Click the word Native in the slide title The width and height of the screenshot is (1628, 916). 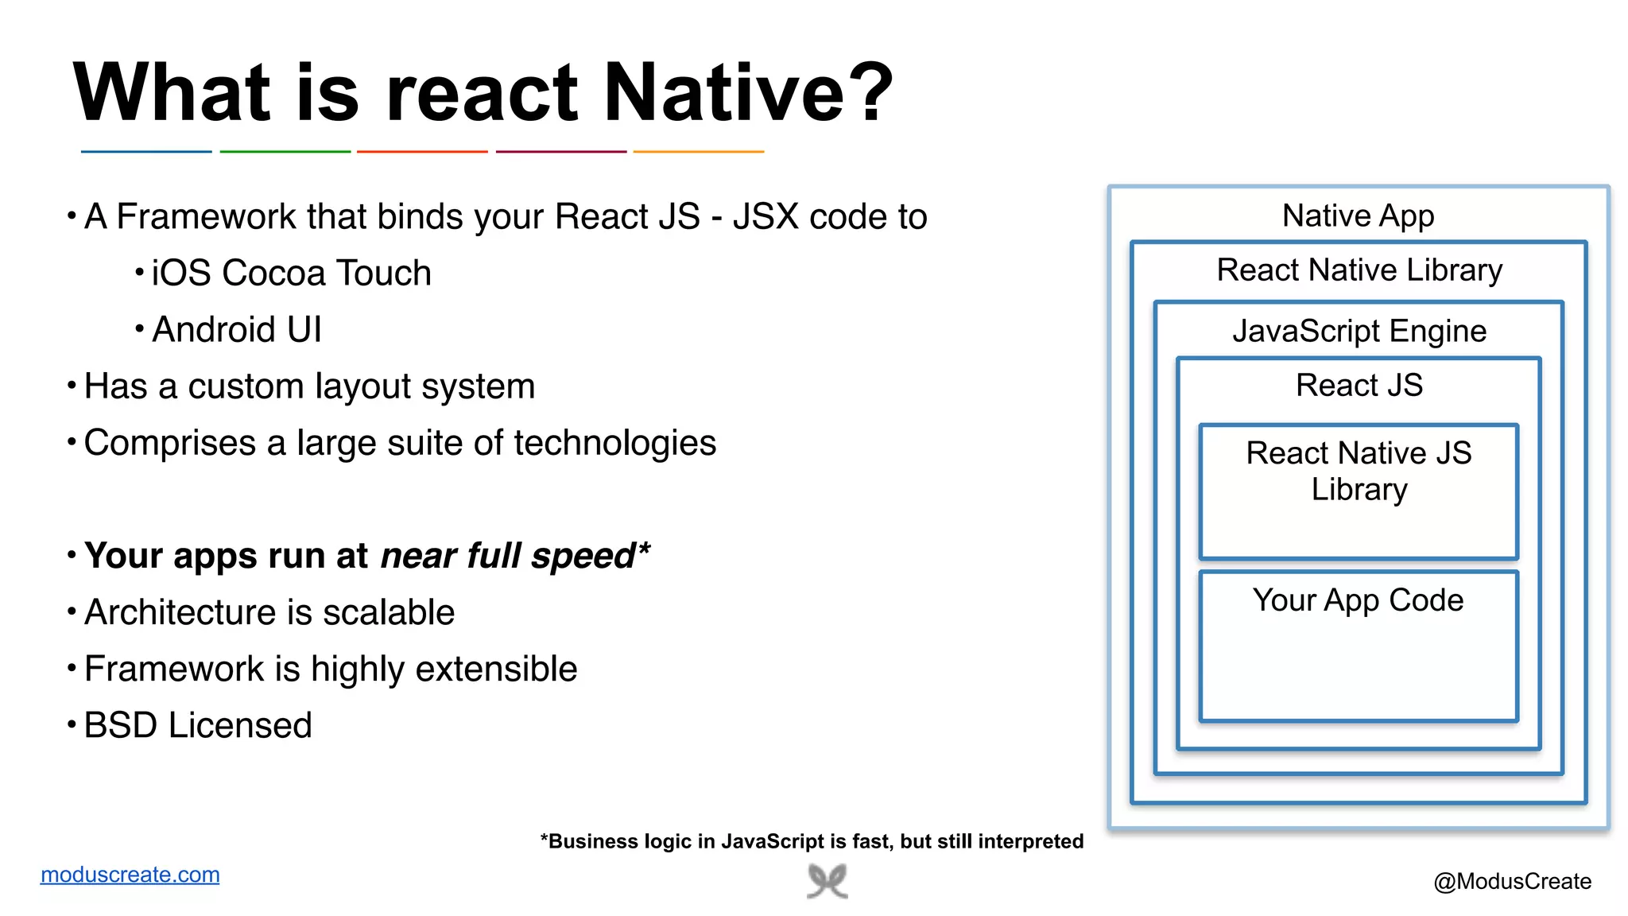[x=723, y=93]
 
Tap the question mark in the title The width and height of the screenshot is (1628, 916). [x=875, y=93]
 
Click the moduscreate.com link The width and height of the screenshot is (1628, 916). [x=130, y=875]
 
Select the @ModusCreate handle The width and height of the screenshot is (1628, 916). [x=1512, y=881]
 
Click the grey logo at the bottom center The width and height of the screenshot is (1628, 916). [x=828, y=882]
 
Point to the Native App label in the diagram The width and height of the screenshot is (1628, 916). [x=1358, y=216]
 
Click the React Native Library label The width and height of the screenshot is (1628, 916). [x=1359, y=270]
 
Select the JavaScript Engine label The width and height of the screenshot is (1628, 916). [x=1359, y=331]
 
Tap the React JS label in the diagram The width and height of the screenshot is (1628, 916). [x=1359, y=386]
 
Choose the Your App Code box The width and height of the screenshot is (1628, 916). [x=1359, y=646]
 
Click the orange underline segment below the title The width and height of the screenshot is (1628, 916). [x=699, y=151]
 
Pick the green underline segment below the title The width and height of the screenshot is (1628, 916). [x=285, y=151]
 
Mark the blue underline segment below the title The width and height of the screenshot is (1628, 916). [x=146, y=151]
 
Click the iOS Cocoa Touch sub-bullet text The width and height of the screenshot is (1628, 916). [x=291, y=274]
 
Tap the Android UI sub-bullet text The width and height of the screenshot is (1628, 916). [x=237, y=330]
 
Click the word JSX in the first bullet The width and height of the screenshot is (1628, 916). [x=766, y=217]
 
